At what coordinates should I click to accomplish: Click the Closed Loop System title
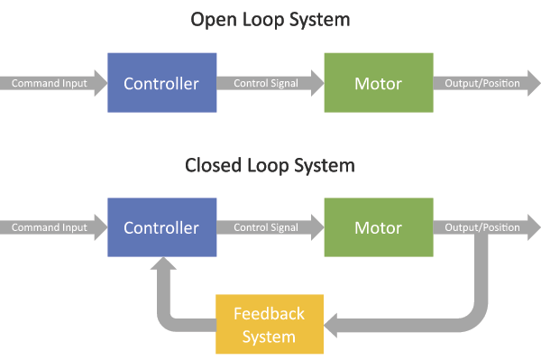pyautogui.click(x=270, y=166)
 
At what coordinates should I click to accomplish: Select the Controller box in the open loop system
pyautogui.click(x=161, y=83)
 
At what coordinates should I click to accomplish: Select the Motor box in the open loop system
pyautogui.click(x=378, y=83)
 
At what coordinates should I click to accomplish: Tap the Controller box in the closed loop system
pyautogui.click(x=161, y=227)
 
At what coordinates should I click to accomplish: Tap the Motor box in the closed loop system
pyautogui.click(x=378, y=227)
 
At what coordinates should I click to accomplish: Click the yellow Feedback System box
pyautogui.click(x=270, y=325)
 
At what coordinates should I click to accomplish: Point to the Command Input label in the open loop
pyautogui.click(x=49, y=84)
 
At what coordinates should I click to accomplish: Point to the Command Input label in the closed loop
pyautogui.click(x=49, y=228)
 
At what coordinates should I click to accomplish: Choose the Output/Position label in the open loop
pyautogui.click(x=482, y=84)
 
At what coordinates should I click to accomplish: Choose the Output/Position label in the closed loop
pyautogui.click(x=482, y=228)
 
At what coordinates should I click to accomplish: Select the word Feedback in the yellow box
pyautogui.click(x=270, y=314)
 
